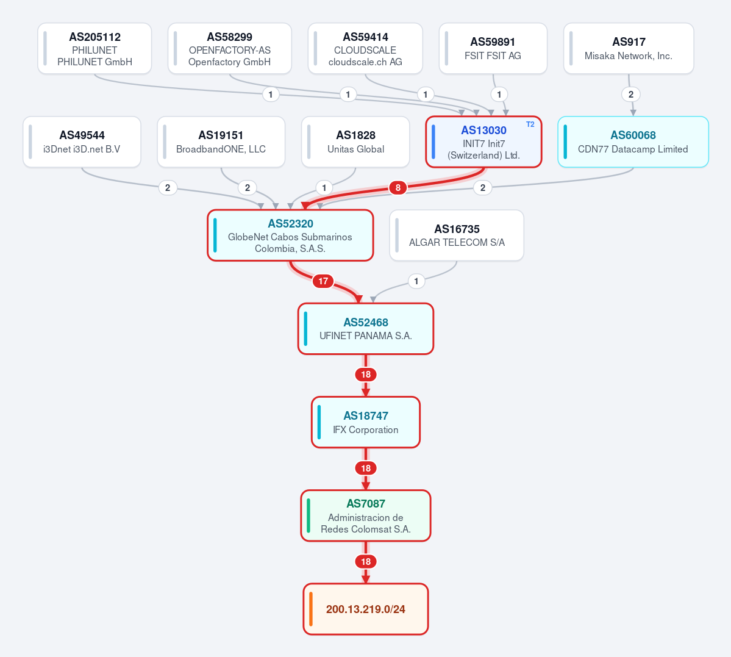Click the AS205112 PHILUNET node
(x=94, y=49)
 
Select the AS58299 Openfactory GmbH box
(x=229, y=49)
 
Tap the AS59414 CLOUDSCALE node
(x=365, y=49)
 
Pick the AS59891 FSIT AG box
(x=493, y=49)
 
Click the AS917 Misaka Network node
(x=629, y=49)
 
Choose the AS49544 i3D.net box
(x=82, y=142)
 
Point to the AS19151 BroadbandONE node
(x=221, y=142)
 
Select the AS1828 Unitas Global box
(x=355, y=142)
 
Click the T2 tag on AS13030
(x=530, y=124)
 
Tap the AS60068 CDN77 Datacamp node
(x=633, y=142)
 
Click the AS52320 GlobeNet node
(x=290, y=235)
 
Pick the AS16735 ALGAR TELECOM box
(x=457, y=235)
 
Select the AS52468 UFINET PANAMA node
(x=366, y=329)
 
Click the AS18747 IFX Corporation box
(x=366, y=422)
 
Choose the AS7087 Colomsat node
(x=366, y=515)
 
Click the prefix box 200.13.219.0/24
(x=366, y=609)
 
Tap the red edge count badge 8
(x=398, y=187)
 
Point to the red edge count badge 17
(x=323, y=281)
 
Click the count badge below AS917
(x=631, y=95)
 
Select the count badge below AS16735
(x=416, y=281)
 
